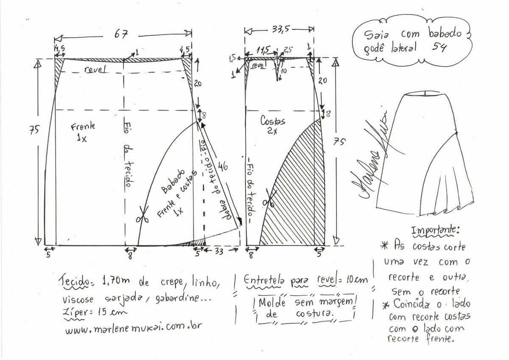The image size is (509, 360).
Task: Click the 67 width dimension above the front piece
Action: (x=121, y=34)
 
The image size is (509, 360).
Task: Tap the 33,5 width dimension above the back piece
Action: (x=281, y=29)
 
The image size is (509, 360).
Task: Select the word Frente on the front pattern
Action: (x=83, y=126)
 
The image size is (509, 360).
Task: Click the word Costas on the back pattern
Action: (x=272, y=120)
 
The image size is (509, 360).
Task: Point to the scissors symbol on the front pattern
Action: (x=142, y=214)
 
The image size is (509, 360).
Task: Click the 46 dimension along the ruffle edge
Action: (x=223, y=166)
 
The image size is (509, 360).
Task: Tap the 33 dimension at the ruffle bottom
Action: (x=219, y=251)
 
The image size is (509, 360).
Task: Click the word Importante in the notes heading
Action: (x=435, y=230)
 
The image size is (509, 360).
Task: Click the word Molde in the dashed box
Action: (x=272, y=302)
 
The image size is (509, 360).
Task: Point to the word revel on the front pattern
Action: (x=95, y=69)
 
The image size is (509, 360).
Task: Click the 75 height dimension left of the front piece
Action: (x=34, y=130)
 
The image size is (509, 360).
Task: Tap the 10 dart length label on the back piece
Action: (x=284, y=71)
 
